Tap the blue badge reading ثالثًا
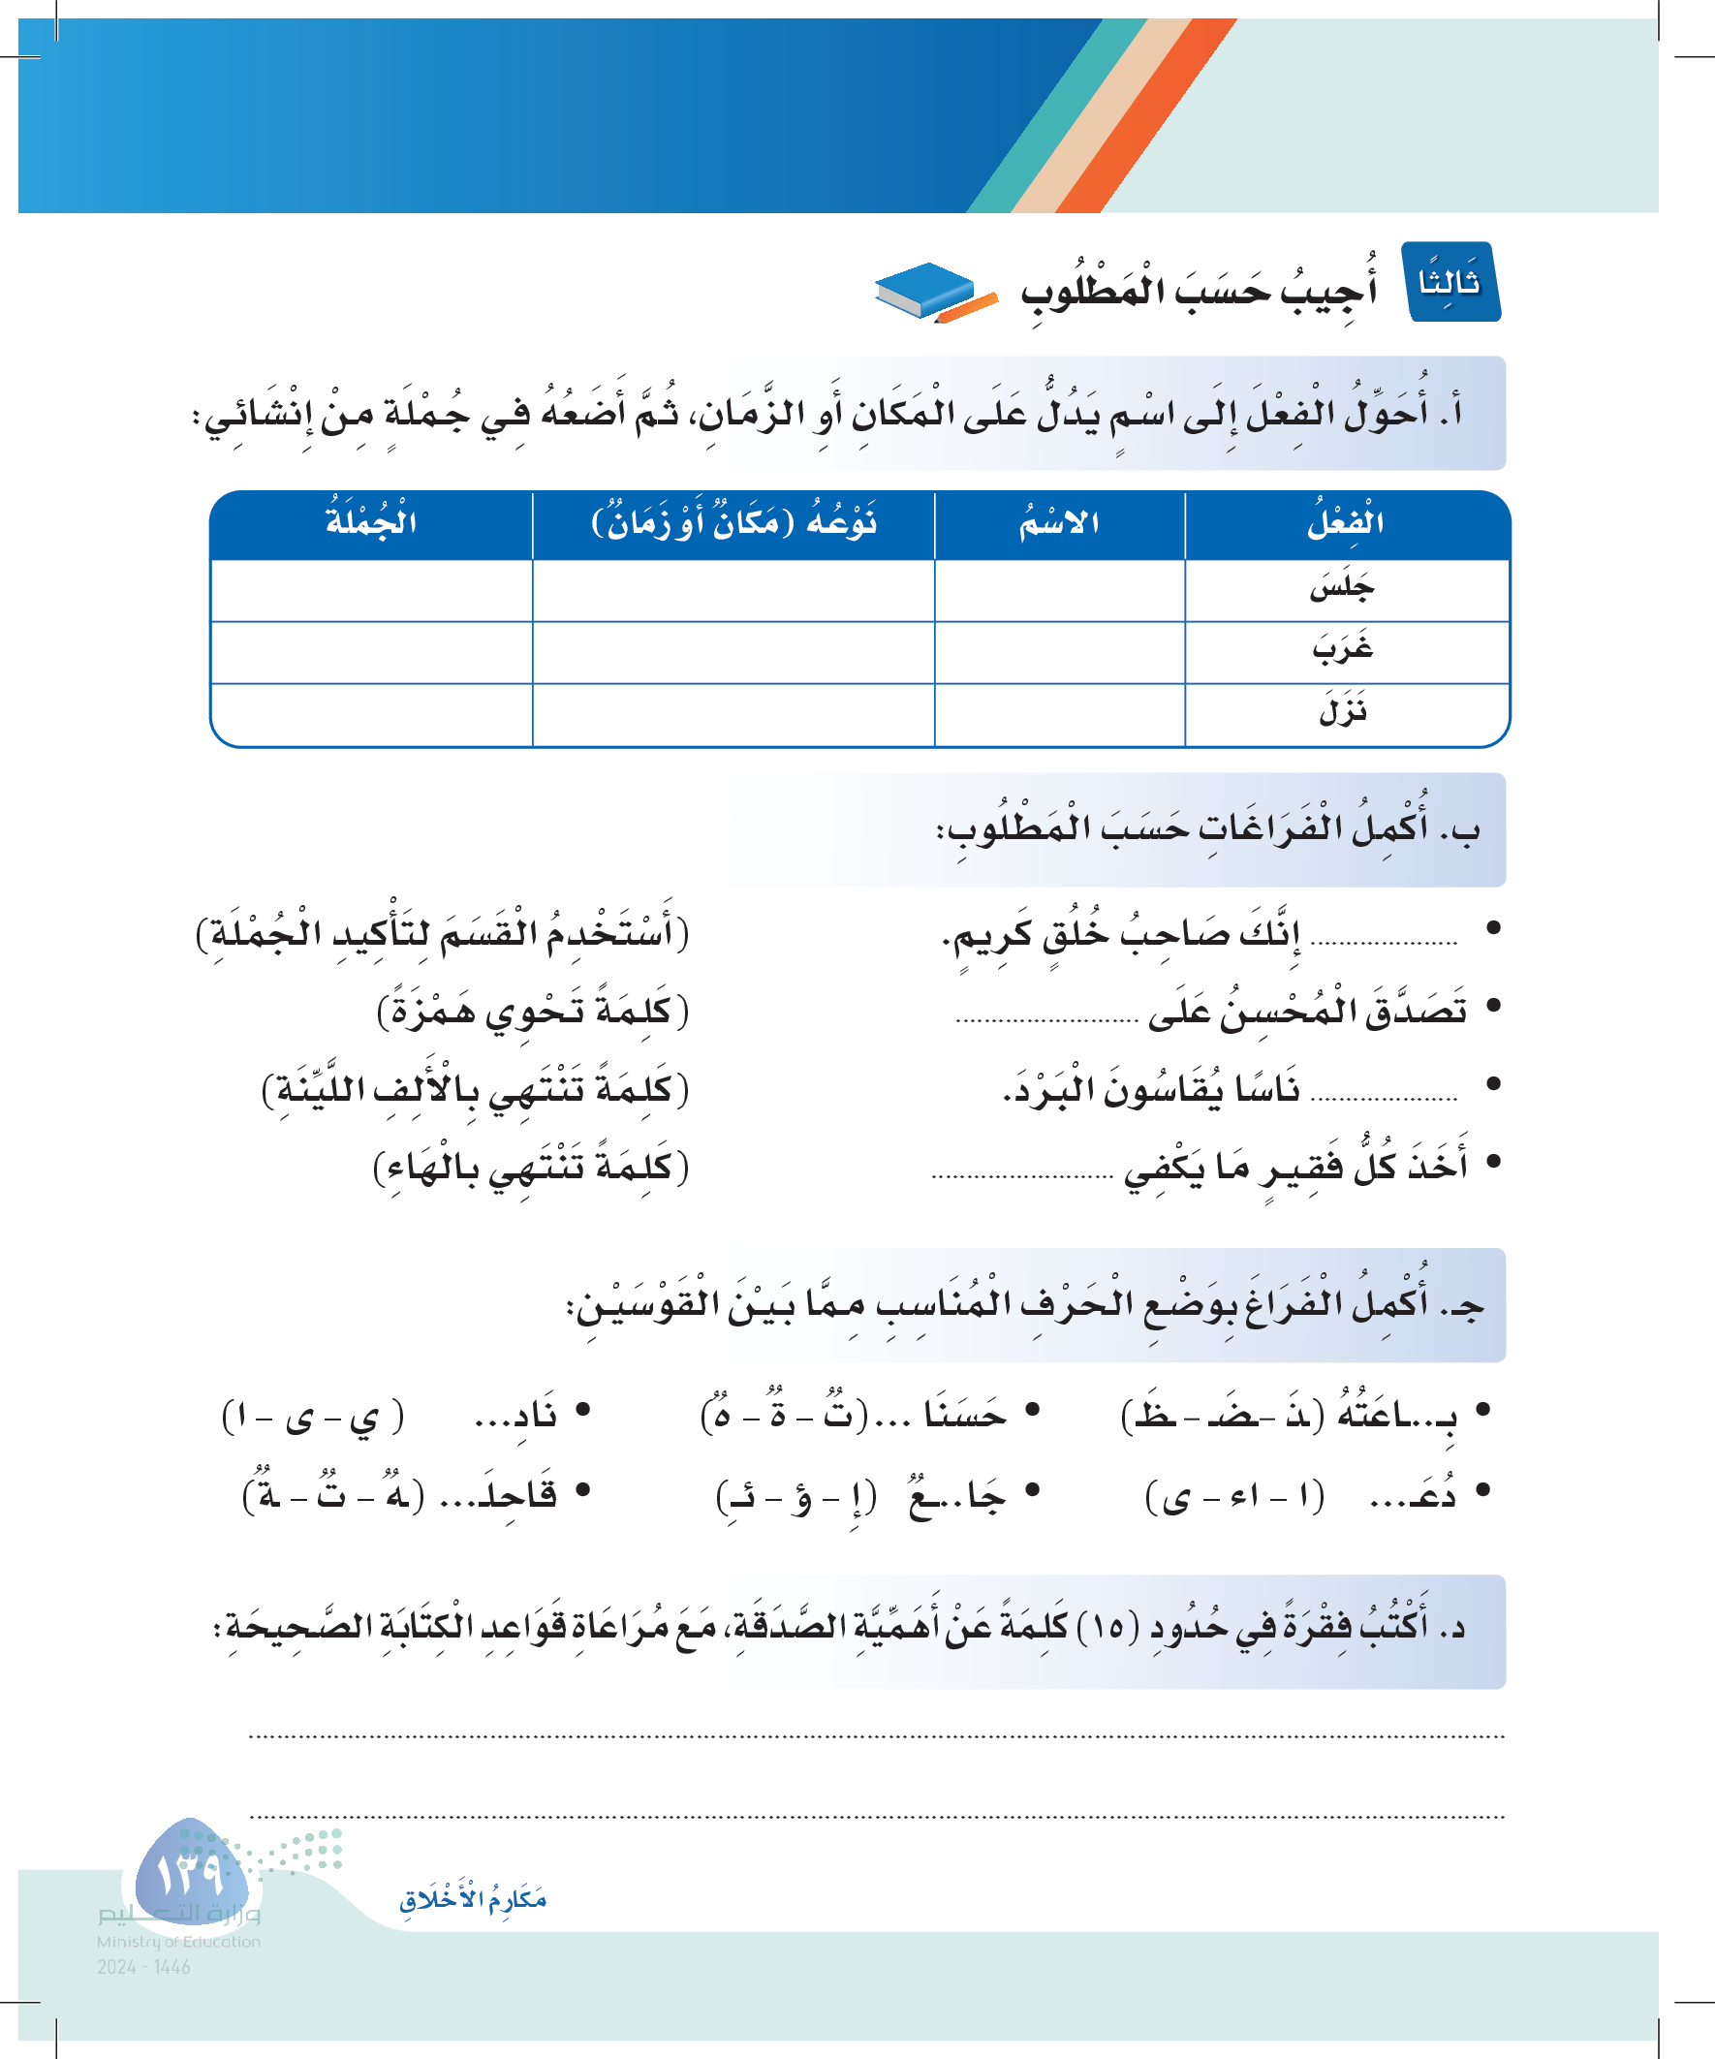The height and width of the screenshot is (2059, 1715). [1451, 282]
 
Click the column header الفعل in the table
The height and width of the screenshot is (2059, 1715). [1345, 522]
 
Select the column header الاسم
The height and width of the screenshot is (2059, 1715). [1059, 522]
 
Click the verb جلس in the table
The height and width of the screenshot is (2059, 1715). [1342, 588]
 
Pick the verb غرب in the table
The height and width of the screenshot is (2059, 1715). [1342, 649]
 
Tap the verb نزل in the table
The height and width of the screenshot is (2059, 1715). [1342, 711]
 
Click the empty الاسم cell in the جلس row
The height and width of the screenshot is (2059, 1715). [1059, 590]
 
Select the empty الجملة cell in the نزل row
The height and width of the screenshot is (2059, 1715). [372, 714]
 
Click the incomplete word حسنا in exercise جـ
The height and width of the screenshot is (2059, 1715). [965, 1415]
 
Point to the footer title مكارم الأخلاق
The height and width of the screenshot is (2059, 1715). [473, 1900]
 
